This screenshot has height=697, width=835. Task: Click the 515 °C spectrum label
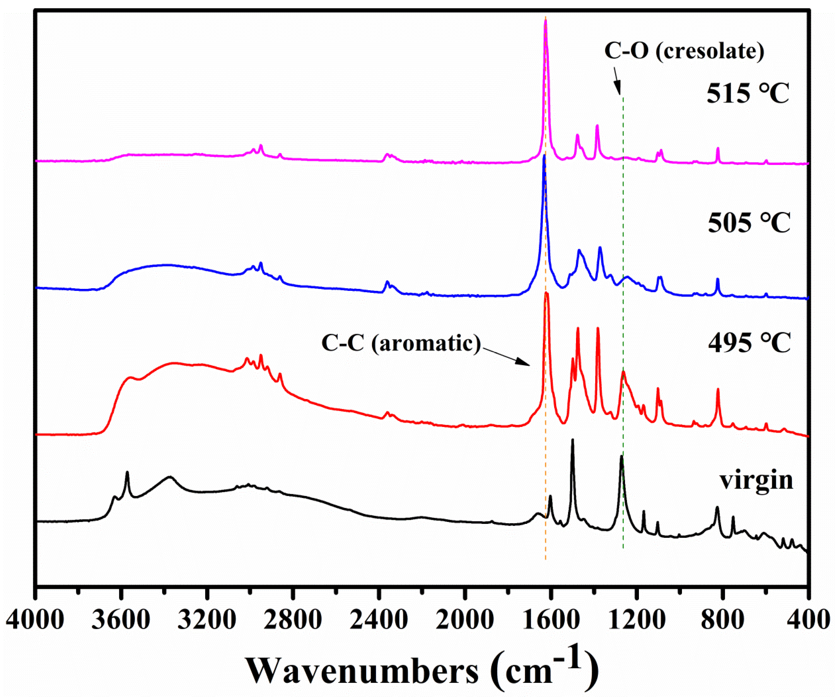(748, 94)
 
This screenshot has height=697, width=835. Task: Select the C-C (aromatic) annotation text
(401, 342)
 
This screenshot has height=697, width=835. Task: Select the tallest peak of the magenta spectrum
(546, 22)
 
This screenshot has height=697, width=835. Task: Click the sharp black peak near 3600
(127, 473)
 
